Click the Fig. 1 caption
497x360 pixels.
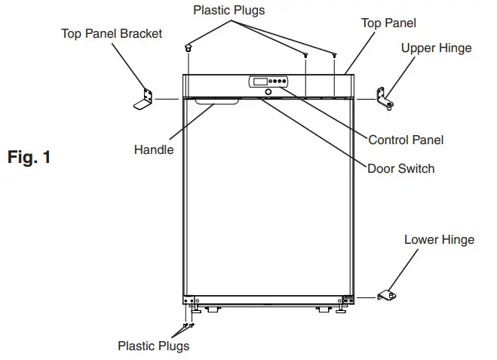(29, 158)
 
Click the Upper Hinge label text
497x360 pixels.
(436, 48)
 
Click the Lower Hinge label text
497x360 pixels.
(439, 240)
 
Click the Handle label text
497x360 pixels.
(153, 149)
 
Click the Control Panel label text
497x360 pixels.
(405, 140)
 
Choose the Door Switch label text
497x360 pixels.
(400, 168)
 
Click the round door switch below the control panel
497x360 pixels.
(267, 93)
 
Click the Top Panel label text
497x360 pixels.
(388, 23)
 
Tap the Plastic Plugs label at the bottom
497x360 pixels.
(153, 346)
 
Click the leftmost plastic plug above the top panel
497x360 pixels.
(186, 49)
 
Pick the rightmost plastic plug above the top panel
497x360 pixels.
(333, 55)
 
